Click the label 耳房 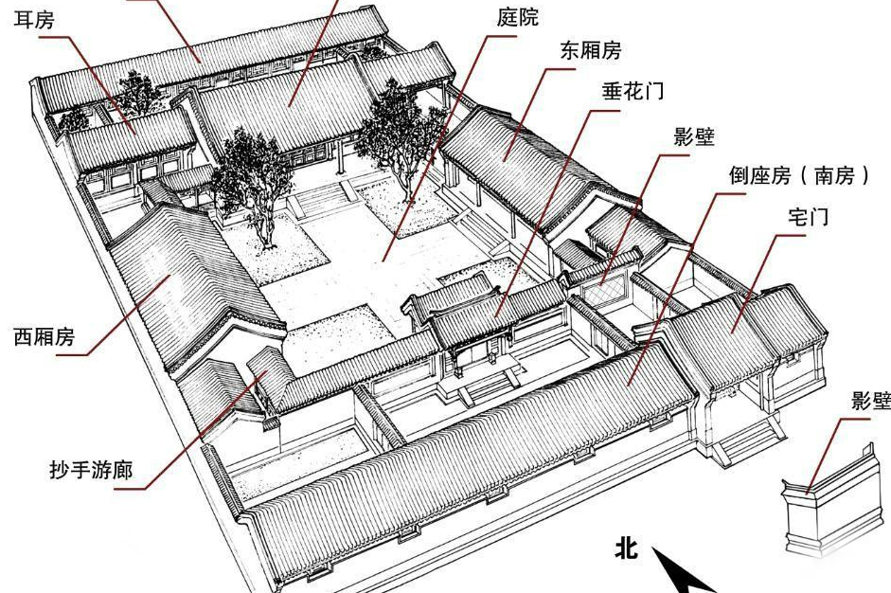[x=34, y=21]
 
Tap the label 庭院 [x=518, y=17]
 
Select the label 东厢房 [x=591, y=50]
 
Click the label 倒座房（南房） [x=800, y=175]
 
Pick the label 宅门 [x=808, y=217]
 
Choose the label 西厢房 [x=45, y=337]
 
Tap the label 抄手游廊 [x=91, y=471]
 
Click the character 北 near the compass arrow [x=626, y=549]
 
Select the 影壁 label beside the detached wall [x=870, y=401]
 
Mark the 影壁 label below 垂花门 [x=694, y=137]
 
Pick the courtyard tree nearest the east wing [x=400, y=137]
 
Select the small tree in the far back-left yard [x=73, y=118]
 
